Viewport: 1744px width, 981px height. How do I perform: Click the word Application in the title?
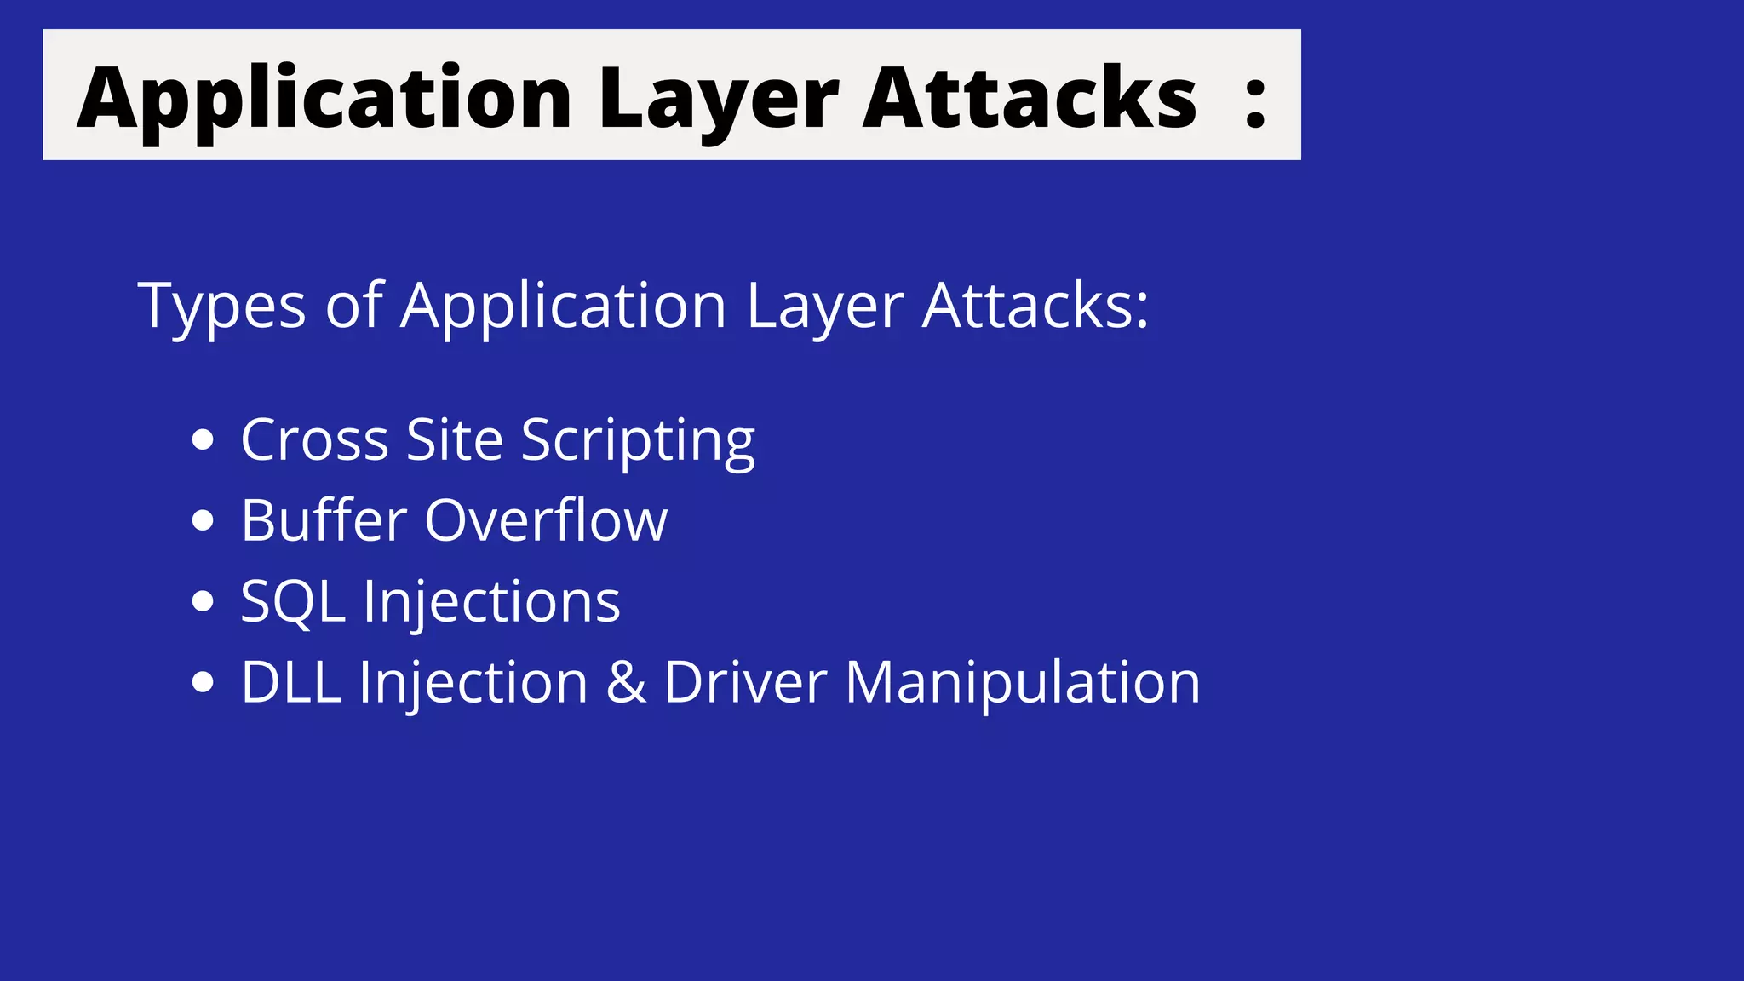point(324,99)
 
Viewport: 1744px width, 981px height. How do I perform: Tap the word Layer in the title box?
point(718,99)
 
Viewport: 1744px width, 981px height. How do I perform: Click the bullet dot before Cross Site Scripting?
point(203,440)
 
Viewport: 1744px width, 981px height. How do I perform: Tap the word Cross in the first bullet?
point(314,440)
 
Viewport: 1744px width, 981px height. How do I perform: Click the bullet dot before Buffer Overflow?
point(203,520)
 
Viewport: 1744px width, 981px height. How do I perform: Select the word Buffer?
point(324,520)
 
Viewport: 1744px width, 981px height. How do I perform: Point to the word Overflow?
point(546,520)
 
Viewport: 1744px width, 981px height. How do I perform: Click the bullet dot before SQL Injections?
point(203,601)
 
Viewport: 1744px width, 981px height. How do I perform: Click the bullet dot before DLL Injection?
point(203,682)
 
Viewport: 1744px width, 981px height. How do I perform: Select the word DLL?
point(291,682)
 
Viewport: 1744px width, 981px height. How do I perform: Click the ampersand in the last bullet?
point(626,682)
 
